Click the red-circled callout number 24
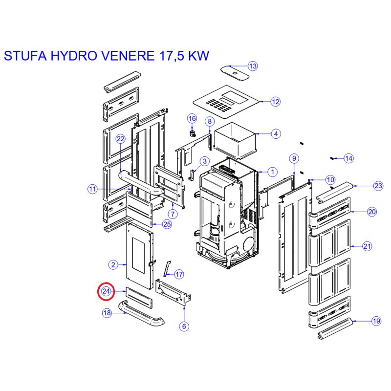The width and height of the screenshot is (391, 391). pos(106,291)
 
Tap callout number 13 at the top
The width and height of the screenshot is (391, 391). pos(253,66)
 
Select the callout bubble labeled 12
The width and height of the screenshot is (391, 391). pos(275,102)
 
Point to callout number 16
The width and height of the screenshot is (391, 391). pos(192,118)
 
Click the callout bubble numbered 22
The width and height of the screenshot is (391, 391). pos(120,139)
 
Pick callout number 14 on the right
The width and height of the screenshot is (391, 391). pos(348,158)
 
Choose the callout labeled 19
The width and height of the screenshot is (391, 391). pos(376,321)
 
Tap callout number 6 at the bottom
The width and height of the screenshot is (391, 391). pos(184,326)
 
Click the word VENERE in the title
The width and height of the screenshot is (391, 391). pos(129,55)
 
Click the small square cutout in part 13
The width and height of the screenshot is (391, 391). pos(235,73)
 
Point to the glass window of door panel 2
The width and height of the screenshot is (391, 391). pos(139,255)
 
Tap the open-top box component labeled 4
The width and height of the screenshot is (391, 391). pos(235,141)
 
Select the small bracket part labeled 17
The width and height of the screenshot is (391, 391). pos(168,269)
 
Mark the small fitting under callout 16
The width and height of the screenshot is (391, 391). pos(192,133)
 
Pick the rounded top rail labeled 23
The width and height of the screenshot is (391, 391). pos(334,191)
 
